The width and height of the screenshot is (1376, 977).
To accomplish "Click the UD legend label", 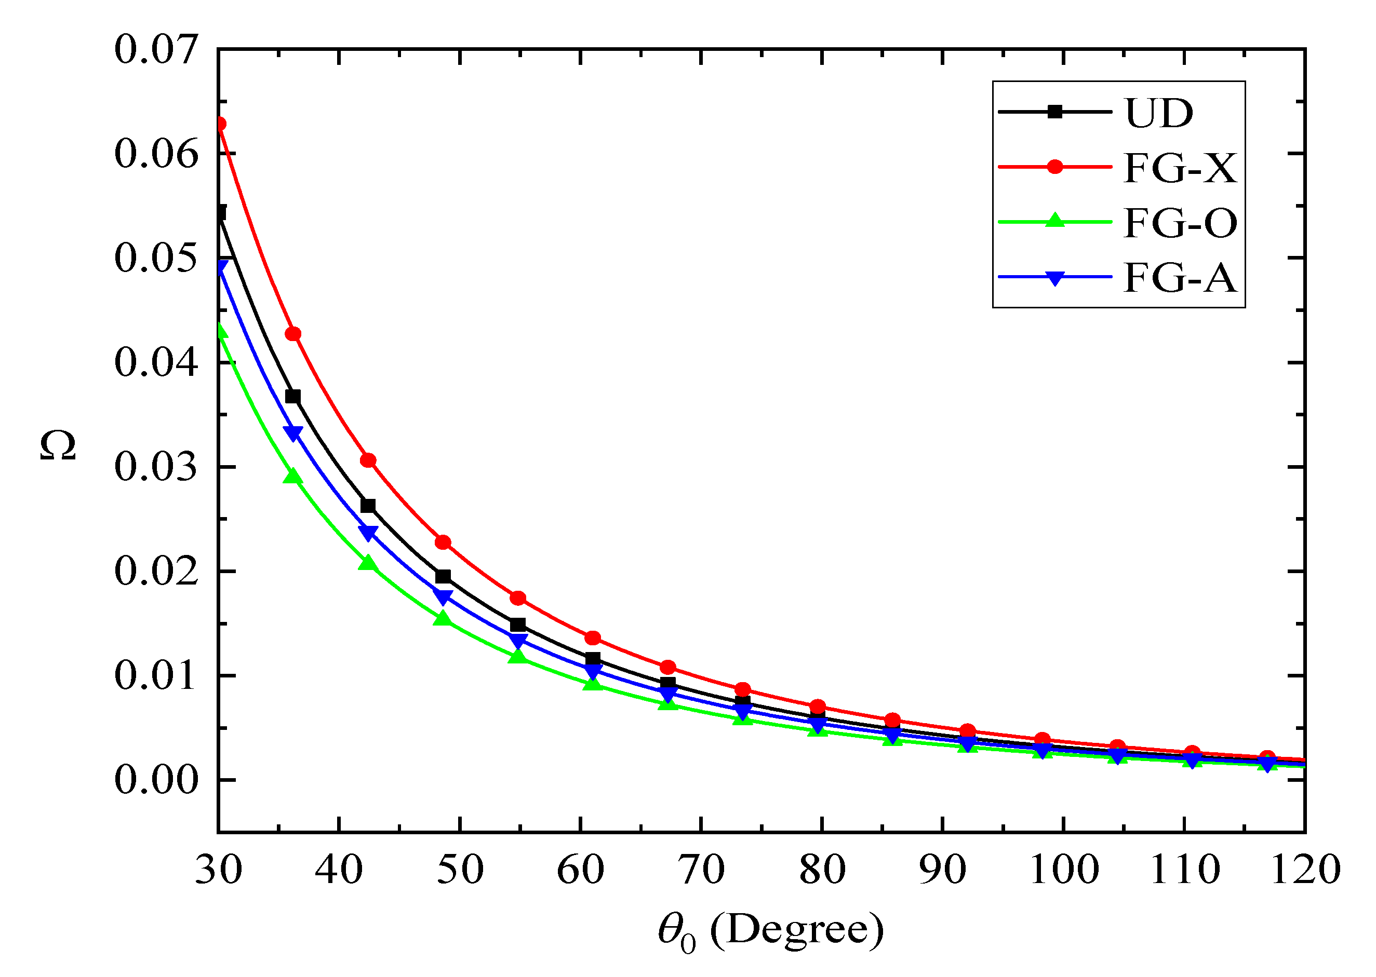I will pos(1159,113).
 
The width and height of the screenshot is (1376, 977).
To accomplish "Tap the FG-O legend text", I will pos(1180,223).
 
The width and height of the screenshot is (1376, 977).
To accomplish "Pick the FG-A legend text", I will pos(1180,278).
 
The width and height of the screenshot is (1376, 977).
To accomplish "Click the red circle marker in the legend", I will pos(1055,167).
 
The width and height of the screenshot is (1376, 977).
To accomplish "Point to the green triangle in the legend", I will pos(1055,221).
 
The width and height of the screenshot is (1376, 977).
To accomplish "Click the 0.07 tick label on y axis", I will pos(156,49).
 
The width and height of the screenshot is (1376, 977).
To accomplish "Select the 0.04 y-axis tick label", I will pos(156,362).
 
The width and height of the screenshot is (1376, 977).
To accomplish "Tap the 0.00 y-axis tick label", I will pos(156,780).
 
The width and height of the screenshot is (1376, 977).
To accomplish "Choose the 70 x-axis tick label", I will pos(701,870).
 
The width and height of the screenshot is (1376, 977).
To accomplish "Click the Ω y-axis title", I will pos(58,445).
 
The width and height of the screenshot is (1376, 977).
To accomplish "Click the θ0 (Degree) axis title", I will pos(771,930).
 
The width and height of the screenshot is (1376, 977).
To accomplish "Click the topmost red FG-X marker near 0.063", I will pos(220,124).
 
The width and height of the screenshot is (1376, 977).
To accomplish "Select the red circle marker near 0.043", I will pos(293,334).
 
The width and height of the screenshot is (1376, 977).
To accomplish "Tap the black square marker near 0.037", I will pos(293,397).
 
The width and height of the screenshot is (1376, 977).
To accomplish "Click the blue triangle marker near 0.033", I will pos(293,433).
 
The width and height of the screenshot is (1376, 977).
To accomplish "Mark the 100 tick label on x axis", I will pos(1064,870).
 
